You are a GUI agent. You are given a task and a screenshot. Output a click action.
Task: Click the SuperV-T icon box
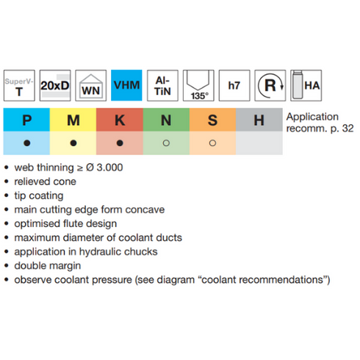pos(19,85)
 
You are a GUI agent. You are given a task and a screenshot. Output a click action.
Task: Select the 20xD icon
pos(55,85)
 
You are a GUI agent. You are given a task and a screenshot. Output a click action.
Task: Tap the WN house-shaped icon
pos(91,85)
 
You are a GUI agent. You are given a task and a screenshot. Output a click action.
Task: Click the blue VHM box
pos(126,85)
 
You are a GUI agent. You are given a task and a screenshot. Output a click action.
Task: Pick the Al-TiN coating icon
pos(162,85)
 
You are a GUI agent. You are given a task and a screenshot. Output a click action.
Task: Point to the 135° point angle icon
pos(198,85)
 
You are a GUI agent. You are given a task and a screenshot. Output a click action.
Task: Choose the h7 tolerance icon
pos(234,85)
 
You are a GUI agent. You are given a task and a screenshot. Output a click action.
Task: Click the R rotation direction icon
pos(270,85)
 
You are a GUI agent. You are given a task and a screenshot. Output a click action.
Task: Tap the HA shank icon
pos(306,85)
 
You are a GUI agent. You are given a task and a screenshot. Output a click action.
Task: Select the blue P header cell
pos(26,120)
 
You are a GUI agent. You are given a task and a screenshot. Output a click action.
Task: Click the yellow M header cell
pos(73,120)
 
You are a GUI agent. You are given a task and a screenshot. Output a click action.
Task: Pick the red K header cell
pos(120,120)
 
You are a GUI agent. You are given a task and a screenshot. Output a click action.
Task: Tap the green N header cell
pos(166,120)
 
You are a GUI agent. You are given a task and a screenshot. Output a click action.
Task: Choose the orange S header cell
pos(213,120)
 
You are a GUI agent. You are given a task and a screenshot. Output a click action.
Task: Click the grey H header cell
pos(259,120)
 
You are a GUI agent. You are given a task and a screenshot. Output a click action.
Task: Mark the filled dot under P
pos(27,143)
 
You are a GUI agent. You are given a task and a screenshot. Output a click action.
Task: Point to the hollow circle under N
pos(166,143)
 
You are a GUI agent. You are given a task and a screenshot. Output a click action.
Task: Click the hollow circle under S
pos(212,143)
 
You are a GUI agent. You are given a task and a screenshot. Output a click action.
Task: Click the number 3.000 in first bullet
pos(109,168)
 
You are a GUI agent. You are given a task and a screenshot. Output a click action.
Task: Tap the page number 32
pos(348,129)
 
